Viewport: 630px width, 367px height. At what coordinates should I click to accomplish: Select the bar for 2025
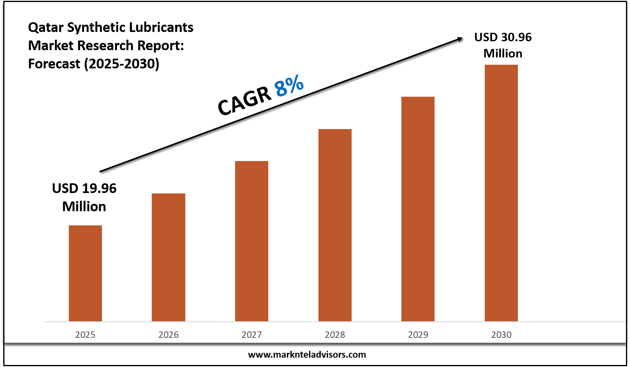pos(85,273)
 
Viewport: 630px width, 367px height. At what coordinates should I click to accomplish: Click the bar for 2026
pos(168,257)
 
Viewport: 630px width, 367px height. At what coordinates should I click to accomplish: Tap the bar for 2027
pos(251,241)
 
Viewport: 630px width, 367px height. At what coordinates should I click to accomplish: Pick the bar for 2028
pos(335,225)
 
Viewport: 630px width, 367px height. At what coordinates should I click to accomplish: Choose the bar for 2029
pos(418,209)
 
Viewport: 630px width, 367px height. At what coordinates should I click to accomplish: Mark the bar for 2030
pos(501,193)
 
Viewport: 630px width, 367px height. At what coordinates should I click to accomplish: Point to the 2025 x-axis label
pos(85,335)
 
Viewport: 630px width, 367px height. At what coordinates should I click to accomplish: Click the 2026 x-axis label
pos(168,335)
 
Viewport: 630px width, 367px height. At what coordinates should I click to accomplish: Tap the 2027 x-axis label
pos(251,335)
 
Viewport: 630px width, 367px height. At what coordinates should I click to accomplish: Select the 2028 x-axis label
pos(335,335)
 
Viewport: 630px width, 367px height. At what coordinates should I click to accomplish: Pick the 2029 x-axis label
pos(418,335)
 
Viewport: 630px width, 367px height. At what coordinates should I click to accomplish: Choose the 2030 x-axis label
pos(501,335)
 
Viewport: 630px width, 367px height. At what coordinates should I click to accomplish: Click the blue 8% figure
pos(289,87)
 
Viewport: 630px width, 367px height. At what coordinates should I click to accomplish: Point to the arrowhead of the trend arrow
pos(460,39)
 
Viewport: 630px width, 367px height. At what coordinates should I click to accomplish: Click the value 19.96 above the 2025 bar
pos(99,189)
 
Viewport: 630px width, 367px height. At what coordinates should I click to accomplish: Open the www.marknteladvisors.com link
pos(307,355)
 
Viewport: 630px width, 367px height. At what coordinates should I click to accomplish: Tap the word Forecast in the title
pos(54,64)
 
